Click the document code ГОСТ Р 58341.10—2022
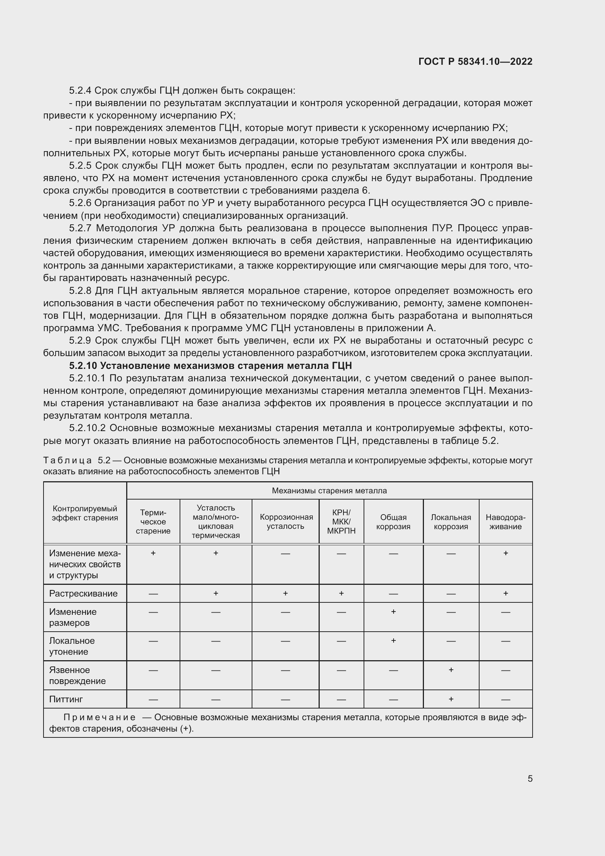pos(475,61)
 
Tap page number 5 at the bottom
pos(530,778)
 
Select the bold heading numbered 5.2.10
pos(210,365)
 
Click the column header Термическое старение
pos(153,522)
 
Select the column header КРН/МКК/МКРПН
pos(341,522)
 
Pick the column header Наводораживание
pos(505,522)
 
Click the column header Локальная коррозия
pos(451,522)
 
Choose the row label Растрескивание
pos(83,593)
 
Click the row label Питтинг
pos(66,699)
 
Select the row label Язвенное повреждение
pos(77,675)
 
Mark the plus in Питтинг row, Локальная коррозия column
pos(451,699)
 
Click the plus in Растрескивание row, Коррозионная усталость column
pos(285,593)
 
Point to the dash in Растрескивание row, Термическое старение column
pos(153,594)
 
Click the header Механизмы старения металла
pos(329,491)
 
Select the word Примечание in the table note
pos(99,717)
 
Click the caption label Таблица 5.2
pos(77,460)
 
